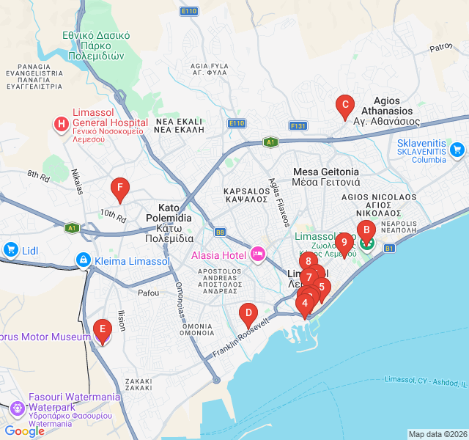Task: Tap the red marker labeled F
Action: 119,189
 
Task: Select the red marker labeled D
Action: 248,315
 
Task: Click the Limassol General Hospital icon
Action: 61,124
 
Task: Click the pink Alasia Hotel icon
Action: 257,254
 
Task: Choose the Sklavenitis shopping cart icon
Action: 457,150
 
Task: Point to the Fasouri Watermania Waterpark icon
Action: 18,407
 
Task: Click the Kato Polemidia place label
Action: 169,218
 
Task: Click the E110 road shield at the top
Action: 189,11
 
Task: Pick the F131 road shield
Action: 298,126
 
